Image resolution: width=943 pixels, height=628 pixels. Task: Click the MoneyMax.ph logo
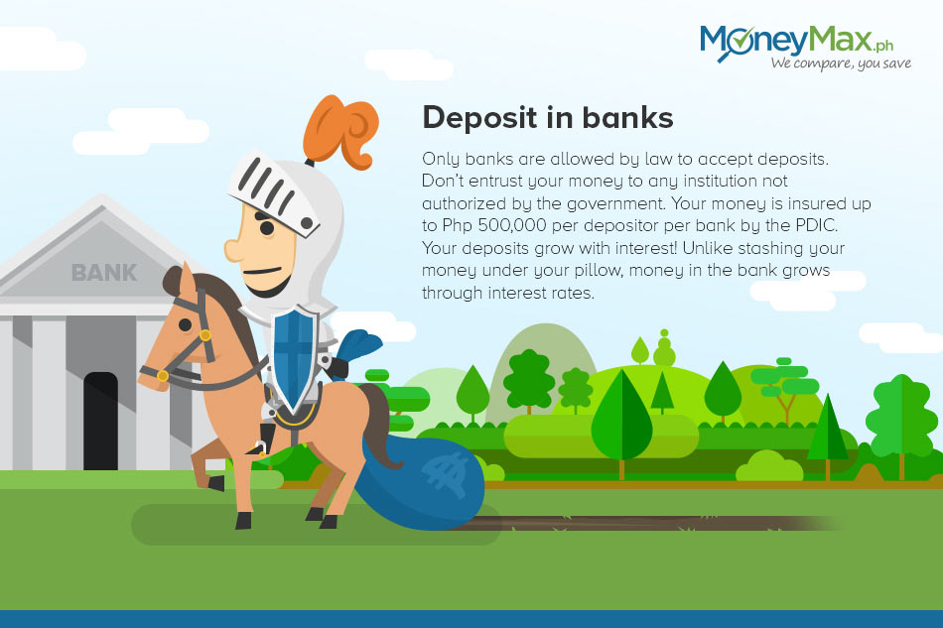click(x=805, y=47)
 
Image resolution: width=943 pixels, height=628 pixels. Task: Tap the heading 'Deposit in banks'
click(x=547, y=117)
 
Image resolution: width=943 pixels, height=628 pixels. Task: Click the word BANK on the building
click(x=104, y=272)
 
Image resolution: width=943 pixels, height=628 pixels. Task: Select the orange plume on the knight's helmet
click(x=340, y=132)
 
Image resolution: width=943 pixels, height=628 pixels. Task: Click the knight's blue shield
click(x=294, y=358)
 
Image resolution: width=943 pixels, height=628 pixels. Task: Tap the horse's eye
click(x=186, y=325)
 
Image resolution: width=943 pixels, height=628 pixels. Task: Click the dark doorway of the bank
click(x=100, y=421)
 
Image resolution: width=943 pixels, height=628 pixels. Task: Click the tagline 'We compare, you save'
click(x=841, y=63)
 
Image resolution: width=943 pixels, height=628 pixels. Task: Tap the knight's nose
click(x=233, y=249)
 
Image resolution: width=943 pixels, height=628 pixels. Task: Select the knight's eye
click(x=265, y=228)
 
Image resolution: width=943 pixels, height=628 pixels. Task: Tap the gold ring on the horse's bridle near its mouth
click(x=163, y=376)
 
